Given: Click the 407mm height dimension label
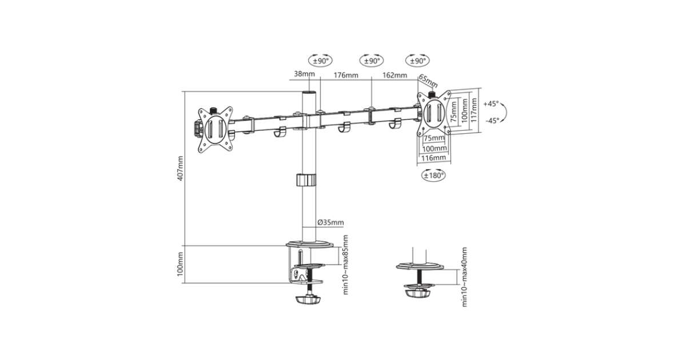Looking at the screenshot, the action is pyautogui.click(x=181, y=168).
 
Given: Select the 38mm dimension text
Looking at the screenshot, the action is pyautogui.click(x=304, y=74).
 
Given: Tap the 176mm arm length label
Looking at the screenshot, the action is pyautogui.click(x=346, y=75).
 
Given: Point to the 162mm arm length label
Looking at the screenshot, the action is pyautogui.click(x=395, y=75).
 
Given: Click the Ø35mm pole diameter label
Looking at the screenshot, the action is pyautogui.click(x=331, y=222).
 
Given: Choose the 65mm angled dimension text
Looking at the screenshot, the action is pyautogui.click(x=428, y=81).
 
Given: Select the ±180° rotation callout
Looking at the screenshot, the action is pyautogui.click(x=434, y=175).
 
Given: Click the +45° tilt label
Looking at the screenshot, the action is pyautogui.click(x=491, y=104).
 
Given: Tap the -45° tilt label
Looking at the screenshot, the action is pyautogui.click(x=492, y=121).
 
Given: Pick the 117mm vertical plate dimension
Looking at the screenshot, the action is pyautogui.click(x=474, y=110).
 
